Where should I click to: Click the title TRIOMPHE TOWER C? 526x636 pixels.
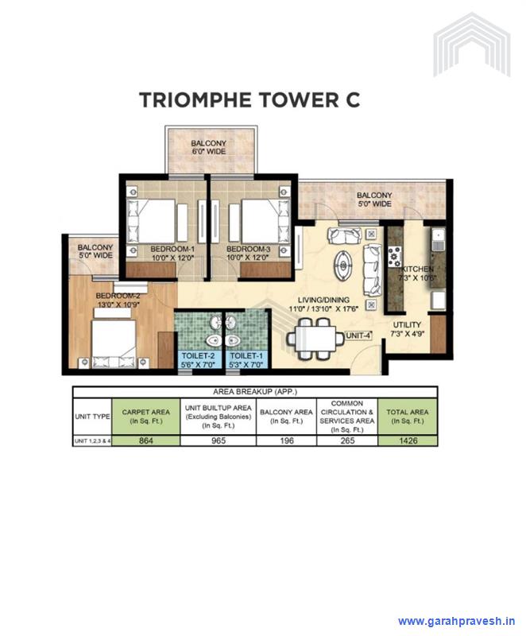point(249,99)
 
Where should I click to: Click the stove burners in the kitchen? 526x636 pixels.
point(393,255)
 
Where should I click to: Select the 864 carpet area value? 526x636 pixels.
point(145,439)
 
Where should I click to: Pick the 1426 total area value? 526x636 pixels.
point(407,439)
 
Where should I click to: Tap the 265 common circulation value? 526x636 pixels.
point(346,439)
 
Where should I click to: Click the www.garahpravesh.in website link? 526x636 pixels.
point(457,621)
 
